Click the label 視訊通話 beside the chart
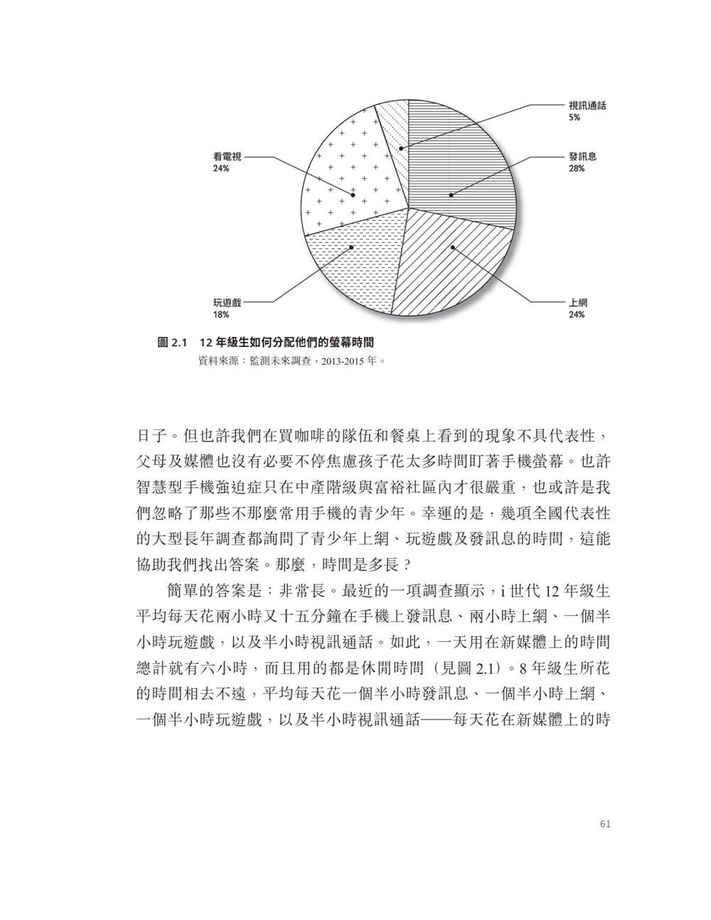point(587,106)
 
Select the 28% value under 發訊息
point(576,169)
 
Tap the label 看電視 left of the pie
point(227,156)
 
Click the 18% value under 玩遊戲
point(220,314)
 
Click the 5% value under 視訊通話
point(574,117)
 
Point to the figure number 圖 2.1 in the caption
point(171,343)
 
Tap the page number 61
point(605,824)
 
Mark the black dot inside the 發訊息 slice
point(450,193)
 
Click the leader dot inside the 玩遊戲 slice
point(352,247)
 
